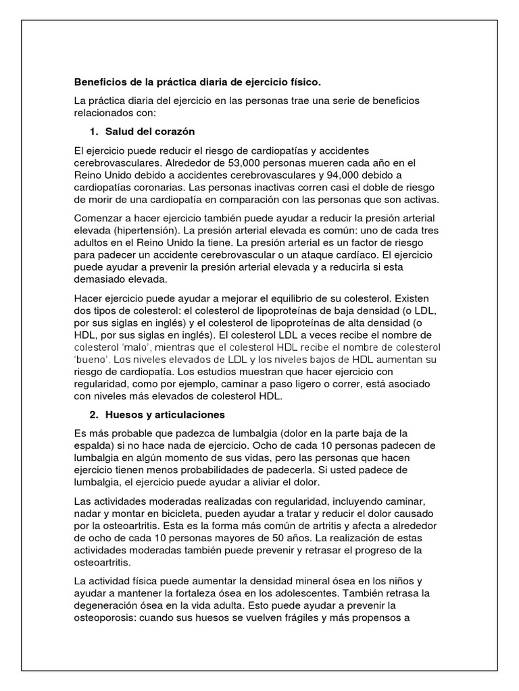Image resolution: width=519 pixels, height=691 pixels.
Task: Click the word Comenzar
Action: pyautogui.click(x=98, y=219)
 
